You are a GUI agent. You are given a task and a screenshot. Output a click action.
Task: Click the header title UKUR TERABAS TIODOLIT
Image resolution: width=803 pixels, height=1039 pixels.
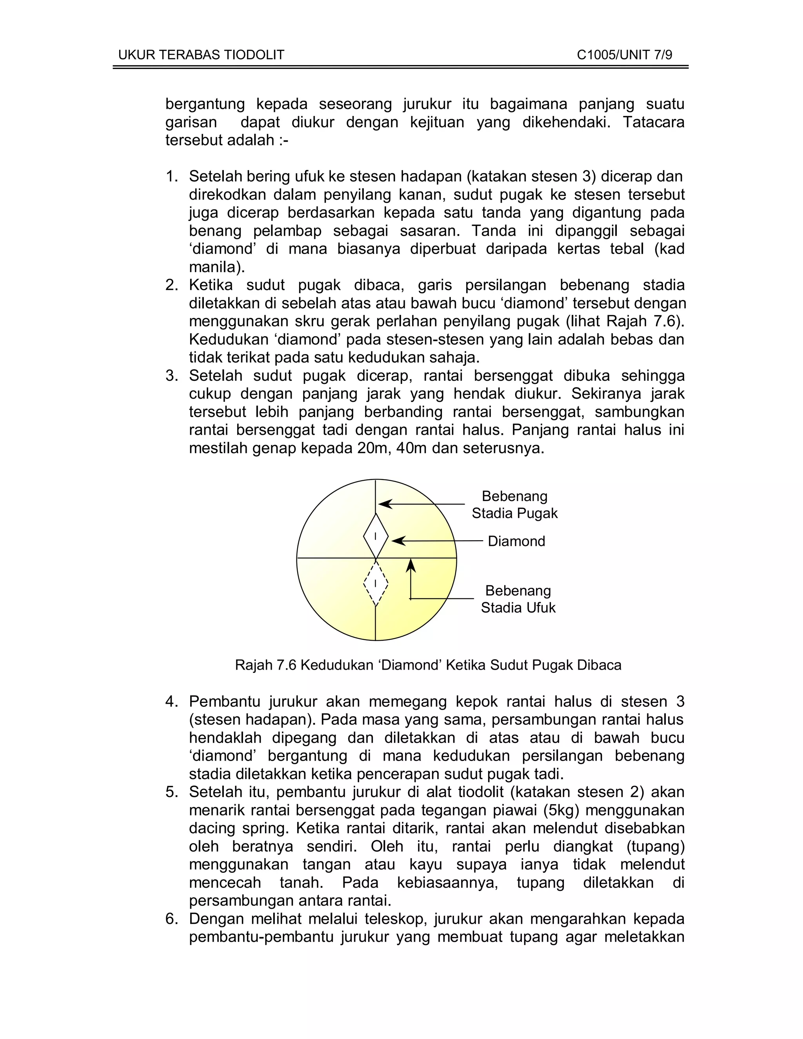(x=201, y=55)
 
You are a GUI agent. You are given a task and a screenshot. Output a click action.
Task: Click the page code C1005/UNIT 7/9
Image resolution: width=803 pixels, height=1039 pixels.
(x=624, y=55)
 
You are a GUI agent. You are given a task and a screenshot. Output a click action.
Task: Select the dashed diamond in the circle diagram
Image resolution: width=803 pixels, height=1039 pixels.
(x=375, y=583)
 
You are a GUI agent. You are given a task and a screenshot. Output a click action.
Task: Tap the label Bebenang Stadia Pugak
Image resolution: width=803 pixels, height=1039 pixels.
(x=514, y=505)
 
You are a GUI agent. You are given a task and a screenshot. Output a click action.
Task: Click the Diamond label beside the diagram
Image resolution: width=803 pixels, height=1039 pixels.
(x=516, y=541)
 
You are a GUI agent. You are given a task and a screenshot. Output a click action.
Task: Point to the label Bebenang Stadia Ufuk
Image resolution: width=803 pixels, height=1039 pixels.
(x=518, y=599)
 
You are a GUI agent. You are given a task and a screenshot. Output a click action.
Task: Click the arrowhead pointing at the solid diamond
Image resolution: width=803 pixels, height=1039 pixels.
(x=398, y=541)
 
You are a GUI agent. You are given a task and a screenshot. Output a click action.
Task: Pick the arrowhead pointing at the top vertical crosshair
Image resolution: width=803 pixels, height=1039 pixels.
(x=384, y=504)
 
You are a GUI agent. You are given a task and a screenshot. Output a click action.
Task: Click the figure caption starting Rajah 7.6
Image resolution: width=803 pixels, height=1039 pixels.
(x=428, y=665)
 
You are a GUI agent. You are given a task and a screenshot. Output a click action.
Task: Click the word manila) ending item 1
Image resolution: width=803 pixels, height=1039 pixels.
(x=216, y=267)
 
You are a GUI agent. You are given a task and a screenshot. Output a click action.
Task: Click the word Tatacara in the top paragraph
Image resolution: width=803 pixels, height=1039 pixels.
(x=654, y=123)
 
